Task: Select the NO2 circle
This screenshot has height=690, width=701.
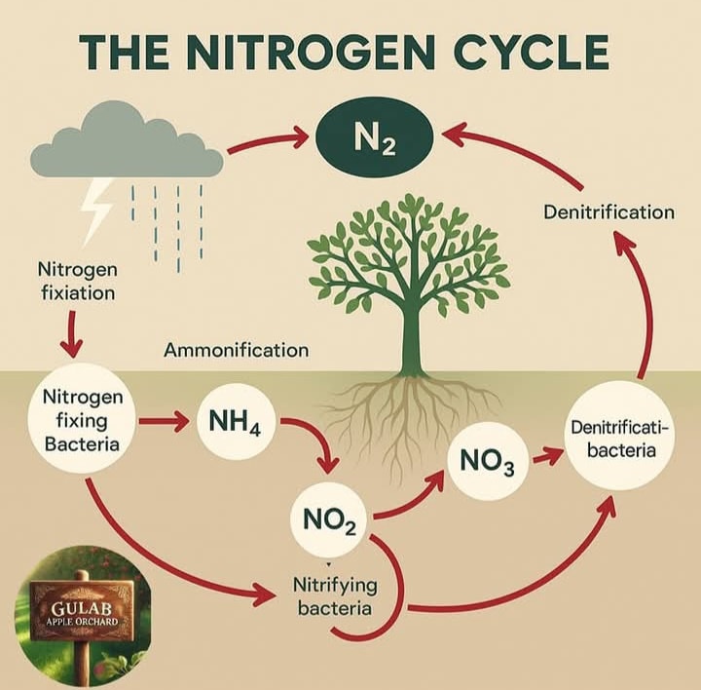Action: [x=329, y=520]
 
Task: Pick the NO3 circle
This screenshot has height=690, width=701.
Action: [x=488, y=461]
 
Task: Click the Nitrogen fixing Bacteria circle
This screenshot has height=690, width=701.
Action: [x=82, y=420]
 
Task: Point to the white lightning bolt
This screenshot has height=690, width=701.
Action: [x=95, y=211]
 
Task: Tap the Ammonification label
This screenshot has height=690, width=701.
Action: [x=236, y=351]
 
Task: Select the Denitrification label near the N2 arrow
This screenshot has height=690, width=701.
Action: [x=609, y=212]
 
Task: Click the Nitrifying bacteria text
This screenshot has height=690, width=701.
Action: [x=335, y=596]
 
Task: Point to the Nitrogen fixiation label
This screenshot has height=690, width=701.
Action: [x=78, y=282]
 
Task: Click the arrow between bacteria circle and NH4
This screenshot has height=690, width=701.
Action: [x=163, y=422]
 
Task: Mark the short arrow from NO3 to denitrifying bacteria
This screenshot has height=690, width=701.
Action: [x=547, y=456]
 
